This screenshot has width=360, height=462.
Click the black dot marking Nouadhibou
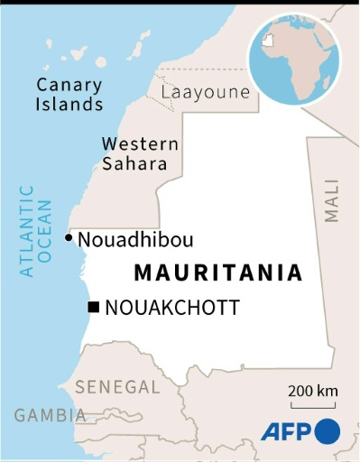click(69, 238)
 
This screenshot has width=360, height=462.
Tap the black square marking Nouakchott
click(93, 308)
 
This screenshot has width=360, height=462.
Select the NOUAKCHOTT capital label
click(172, 308)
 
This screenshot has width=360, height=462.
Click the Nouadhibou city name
click(135, 240)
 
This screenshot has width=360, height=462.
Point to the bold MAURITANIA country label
click(217, 273)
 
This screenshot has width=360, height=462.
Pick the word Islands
click(69, 104)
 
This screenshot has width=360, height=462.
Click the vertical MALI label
click(332, 200)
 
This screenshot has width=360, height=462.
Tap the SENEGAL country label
click(117, 386)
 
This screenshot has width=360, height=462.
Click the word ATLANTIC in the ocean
click(26, 230)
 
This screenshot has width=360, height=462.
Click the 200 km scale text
click(313, 390)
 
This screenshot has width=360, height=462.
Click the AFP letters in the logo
click(286, 432)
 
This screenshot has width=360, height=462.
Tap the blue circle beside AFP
click(327, 431)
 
